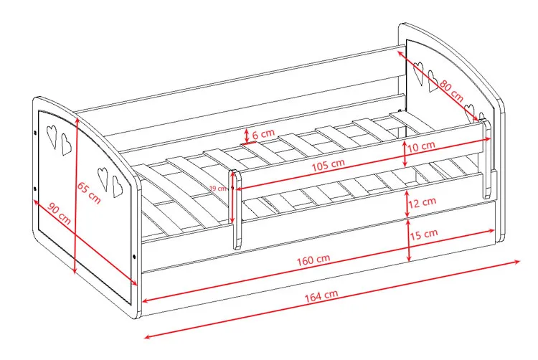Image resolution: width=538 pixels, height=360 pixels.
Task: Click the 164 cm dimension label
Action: (321, 295)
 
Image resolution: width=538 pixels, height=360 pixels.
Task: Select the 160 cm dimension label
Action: (313, 260)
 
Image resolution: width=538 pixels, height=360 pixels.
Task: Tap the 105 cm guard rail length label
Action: (328, 165)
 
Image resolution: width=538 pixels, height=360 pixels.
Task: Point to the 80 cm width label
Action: (451, 90)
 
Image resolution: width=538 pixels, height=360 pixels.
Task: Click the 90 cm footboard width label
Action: (60, 214)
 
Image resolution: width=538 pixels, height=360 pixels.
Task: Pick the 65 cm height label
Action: (89, 193)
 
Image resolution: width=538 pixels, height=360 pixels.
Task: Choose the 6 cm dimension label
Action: (263, 133)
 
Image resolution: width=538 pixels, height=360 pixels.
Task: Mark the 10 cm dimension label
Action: (421, 147)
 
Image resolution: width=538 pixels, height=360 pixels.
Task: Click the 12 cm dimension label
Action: (422, 203)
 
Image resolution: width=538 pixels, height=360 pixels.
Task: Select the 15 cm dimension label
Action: (424, 235)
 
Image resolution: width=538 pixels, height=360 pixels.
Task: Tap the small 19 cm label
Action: (218, 188)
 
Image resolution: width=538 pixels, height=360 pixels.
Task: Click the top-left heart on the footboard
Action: (52, 136)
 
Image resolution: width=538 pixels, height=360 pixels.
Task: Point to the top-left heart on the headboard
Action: (418, 73)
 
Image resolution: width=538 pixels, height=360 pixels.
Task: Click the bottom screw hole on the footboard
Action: (134, 257)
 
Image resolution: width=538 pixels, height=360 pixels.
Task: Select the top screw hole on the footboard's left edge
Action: (35, 133)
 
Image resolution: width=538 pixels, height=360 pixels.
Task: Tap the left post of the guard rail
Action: (237, 209)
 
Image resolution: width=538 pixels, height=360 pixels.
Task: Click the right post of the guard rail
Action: (486, 158)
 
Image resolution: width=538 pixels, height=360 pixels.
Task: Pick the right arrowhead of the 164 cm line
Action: (517, 262)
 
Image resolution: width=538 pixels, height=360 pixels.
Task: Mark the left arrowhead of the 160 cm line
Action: (146, 300)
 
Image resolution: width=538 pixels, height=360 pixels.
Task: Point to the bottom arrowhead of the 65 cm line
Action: (75, 270)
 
